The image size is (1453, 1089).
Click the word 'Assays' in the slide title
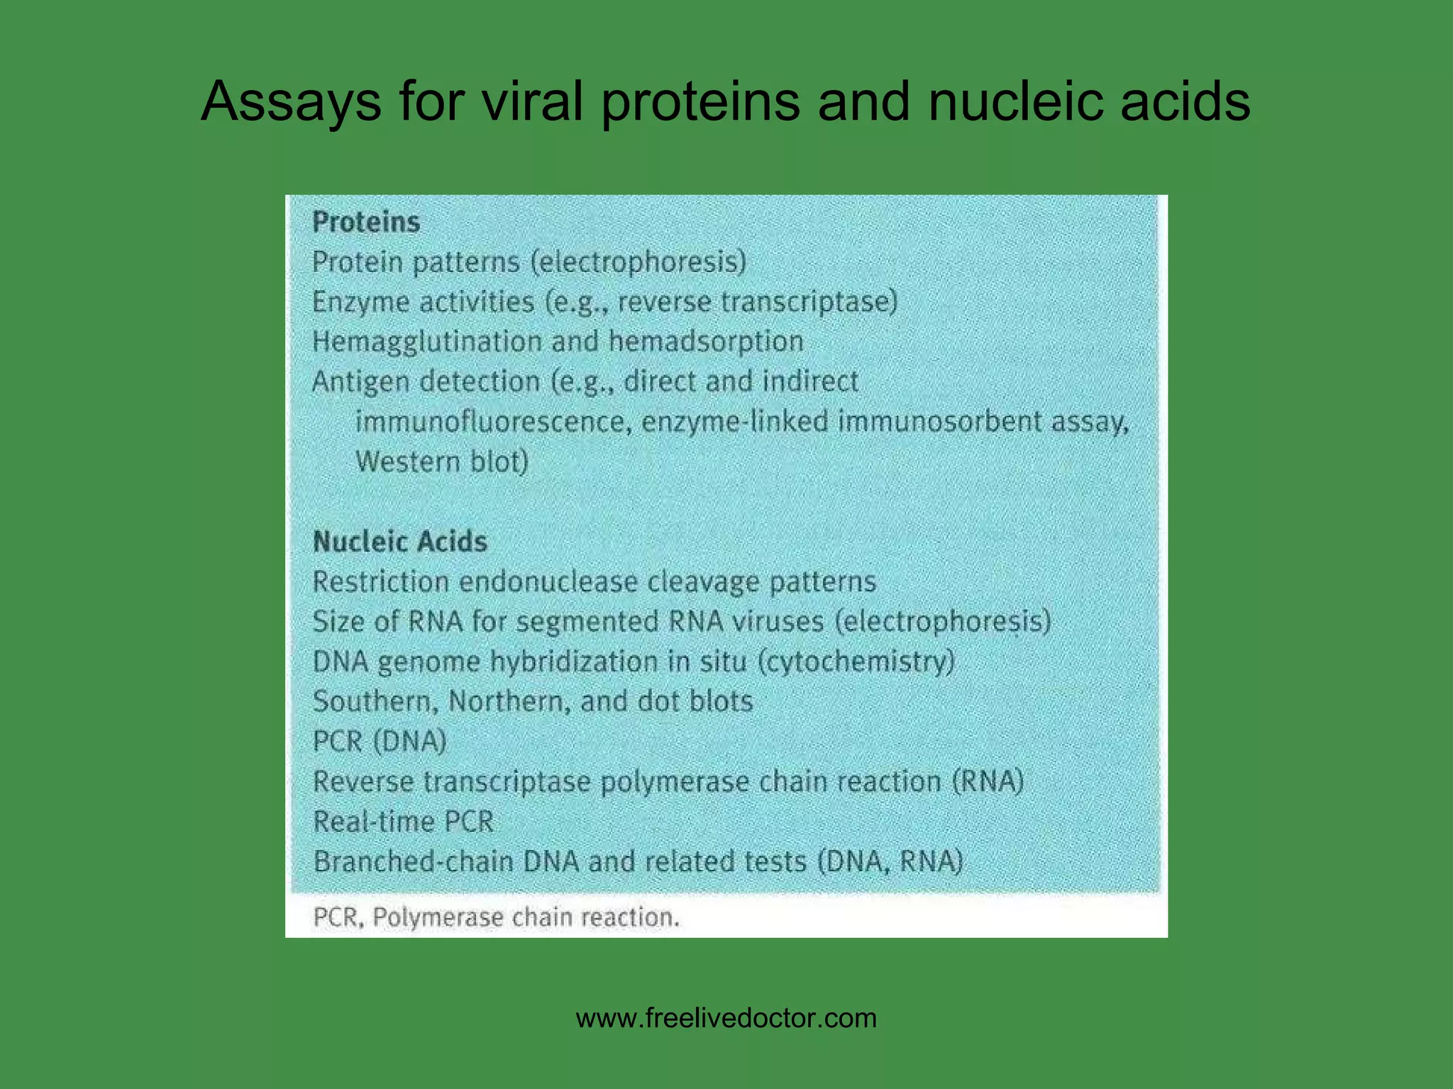(291, 102)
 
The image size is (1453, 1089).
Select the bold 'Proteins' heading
(366, 223)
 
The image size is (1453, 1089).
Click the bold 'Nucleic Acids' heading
(400, 542)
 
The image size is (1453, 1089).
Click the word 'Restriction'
(380, 582)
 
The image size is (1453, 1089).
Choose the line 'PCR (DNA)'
(380, 742)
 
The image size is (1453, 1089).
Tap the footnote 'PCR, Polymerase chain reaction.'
(496, 917)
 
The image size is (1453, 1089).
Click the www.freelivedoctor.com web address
(726, 1019)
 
